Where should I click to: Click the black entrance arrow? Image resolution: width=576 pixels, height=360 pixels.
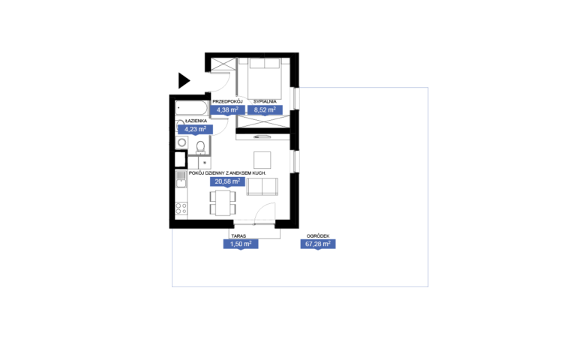[184, 81]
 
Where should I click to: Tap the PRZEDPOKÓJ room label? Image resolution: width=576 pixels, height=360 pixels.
[228, 101]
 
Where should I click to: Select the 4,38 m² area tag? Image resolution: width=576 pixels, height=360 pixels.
[228, 109]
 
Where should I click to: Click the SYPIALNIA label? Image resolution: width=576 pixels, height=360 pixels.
[265, 101]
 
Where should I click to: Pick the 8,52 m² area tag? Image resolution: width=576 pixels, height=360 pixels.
[265, 109]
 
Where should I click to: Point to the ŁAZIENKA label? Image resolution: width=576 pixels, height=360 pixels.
[196, 121]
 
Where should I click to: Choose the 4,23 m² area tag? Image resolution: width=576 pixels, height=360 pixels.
[196, 129]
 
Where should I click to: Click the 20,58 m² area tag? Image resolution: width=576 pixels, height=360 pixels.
[227, 181]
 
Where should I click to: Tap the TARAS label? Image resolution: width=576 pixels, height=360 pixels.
[238, 236]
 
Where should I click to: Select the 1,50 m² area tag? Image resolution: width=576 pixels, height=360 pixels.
[241, 244]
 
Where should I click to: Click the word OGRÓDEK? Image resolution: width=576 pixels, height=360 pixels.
[318, 236]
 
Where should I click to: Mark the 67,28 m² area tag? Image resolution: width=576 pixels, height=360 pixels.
[318, 244]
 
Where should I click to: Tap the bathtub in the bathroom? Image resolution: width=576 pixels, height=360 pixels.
[191, 108]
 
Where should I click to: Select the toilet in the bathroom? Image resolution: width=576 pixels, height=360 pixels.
[200, 147]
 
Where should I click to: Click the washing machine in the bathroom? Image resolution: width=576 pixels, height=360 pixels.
[181, 142]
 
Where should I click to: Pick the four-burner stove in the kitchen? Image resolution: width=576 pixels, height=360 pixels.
[181, 208]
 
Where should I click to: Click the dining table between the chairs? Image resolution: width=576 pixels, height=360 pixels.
[223, 202]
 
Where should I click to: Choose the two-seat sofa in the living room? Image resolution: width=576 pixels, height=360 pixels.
[262, 187]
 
